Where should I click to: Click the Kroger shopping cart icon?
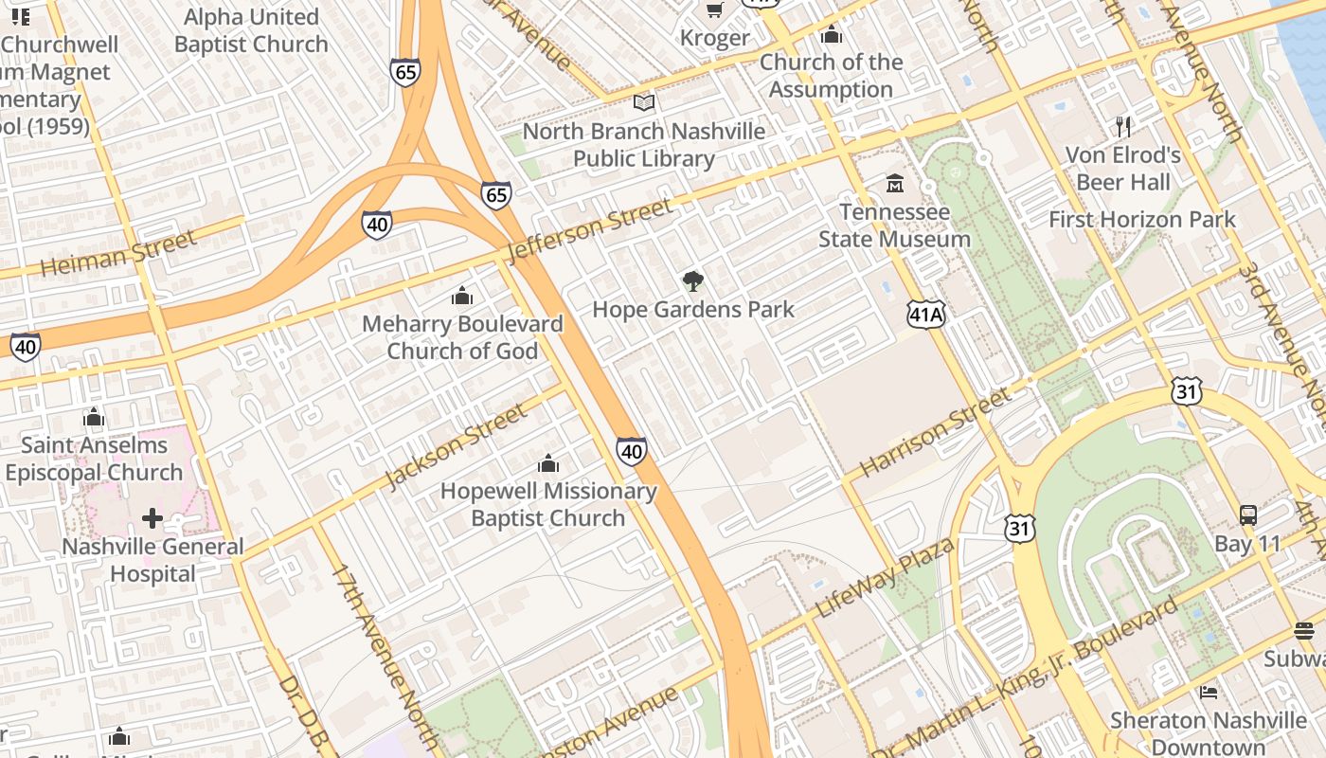click(x=715, y=9)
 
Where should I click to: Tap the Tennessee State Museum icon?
click(x=894, y=182)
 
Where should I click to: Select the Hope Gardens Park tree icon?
click(x=693, y=280)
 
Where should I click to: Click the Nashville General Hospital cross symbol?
click(x=152, y=518)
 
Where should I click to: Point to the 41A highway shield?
click(x=925, y=316)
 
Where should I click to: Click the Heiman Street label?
click(x=118, y=253)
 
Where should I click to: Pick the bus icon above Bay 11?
click(x=1248, y=515)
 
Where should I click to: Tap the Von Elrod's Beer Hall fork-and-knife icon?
click(x=1123, y=126)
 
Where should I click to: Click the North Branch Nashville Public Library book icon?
click(x=644, y=102)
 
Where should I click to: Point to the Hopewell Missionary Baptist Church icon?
click(x=547, y=463)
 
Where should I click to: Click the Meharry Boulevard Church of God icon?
click(x=462, y=296)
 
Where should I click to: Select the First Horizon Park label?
click(x=1141, y=220)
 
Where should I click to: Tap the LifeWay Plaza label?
click(x=885, y=576)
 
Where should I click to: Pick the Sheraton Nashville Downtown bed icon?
click(x=1208, y=692)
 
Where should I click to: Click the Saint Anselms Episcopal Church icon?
click(x=93, y=417)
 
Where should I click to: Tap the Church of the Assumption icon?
click(x=832, y=35)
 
